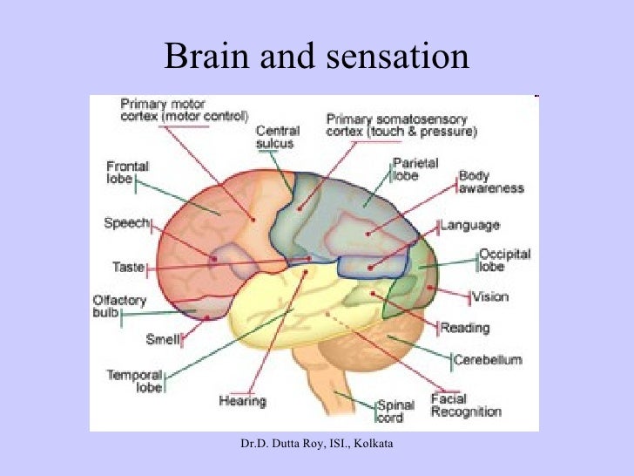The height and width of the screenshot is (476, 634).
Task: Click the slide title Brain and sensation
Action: click(x=316, y=58)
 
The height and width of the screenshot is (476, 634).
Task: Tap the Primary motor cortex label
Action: click(x=184, y=109)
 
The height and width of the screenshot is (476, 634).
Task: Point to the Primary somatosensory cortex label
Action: click(x=401, y=125)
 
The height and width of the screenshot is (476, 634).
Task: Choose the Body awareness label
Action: click(x=490, y=181)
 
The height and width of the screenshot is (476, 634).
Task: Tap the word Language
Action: click(x=470, y=225)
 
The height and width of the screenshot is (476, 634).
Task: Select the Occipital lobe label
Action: click(x=503, y=260)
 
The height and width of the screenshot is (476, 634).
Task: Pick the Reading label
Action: click(x=465, y=328)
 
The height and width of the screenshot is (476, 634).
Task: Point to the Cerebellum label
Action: click(x=487, y=358)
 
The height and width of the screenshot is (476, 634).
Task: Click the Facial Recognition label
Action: click(x=466, y=405)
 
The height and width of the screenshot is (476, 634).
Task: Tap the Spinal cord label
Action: click(x=388, y=411)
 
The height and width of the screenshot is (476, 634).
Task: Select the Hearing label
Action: click(x=241, y=401)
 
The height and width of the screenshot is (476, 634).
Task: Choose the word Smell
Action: click(x=163, y=338)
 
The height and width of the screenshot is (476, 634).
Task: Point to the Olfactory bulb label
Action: click(x=112, y=306)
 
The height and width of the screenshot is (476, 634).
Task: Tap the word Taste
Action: click(x=128, y=266)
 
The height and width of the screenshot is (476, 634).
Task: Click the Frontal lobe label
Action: click(x=127, y=172)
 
